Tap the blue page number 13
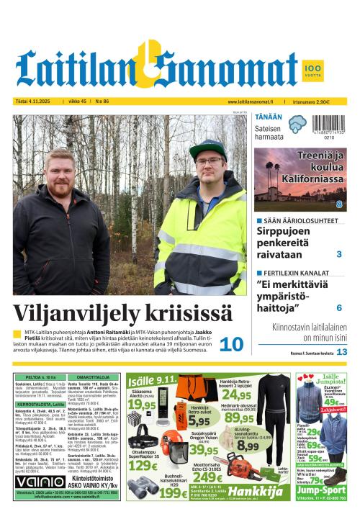click(342, 352)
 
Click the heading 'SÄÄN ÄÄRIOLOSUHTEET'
click(297, 220)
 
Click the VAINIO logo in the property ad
click(35, 481)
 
